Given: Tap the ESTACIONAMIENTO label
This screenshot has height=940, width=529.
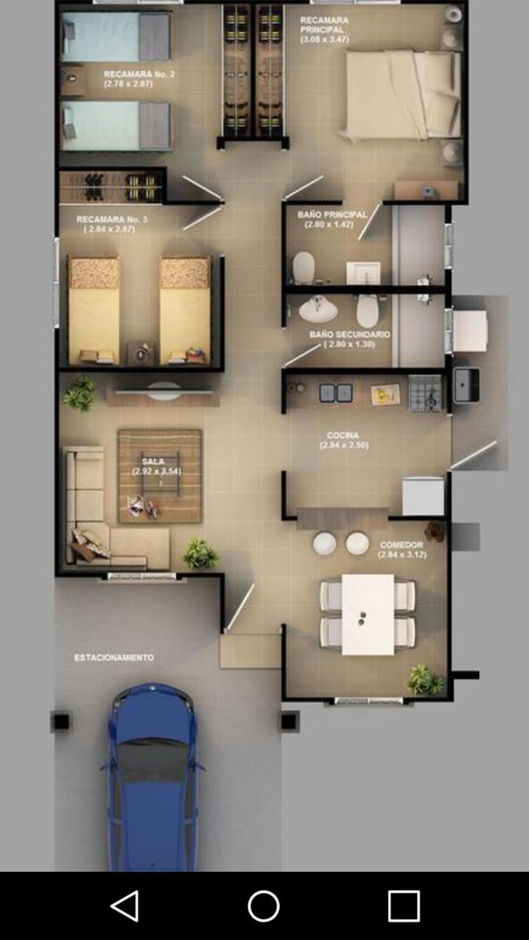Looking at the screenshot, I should (114, 658).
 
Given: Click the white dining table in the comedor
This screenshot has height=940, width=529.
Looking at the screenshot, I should (368, 615).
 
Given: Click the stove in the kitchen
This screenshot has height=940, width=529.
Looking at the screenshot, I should (425, 392).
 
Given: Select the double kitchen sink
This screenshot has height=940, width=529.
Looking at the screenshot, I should (335, 392).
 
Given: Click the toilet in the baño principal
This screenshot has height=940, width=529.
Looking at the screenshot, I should (303, 268).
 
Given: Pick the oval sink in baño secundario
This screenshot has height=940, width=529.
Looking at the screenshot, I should (318, 311).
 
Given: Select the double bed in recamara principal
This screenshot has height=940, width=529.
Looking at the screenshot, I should (402, 95).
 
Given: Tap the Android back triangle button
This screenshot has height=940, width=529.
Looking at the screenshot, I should (125, 906).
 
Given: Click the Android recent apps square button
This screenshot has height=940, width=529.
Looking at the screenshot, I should (404, 906).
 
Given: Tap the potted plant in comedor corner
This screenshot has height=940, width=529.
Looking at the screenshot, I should (424, 680).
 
